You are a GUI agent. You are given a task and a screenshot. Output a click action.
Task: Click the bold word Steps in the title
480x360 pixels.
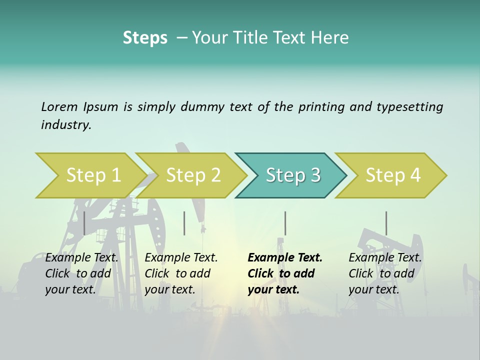[x=145, y=37]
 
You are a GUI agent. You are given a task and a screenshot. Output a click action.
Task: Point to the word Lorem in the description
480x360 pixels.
[x=59, y=106]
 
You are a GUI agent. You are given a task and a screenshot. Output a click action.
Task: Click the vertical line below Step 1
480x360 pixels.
[x=84, y=223]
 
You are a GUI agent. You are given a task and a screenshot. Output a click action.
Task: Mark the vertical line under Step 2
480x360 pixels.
[x=184, y=223]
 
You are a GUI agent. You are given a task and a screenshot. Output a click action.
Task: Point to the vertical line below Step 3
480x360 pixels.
[x=285, y=223]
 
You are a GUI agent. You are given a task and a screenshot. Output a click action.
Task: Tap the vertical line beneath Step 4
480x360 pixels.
[x=386, y=223]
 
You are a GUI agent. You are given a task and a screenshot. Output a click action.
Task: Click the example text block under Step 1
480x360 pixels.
[x=81, y=273]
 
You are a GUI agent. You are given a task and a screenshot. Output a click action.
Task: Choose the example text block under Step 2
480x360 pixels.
[x=181, y=273]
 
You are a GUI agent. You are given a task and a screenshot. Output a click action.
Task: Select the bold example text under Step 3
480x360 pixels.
[x=285, y=273]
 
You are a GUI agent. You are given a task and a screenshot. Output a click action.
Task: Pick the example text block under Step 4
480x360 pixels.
[x=385, y=273]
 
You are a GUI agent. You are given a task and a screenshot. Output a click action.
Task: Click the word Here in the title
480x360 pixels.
[x=332, y=37]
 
